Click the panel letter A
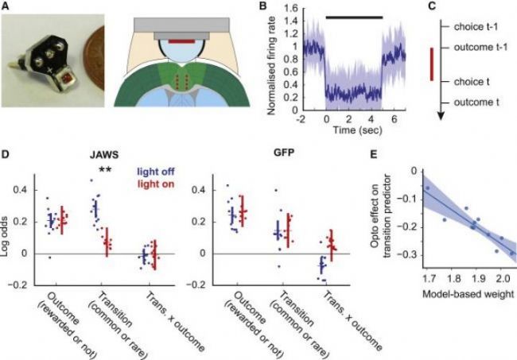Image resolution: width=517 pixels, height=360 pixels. tap(6, 6)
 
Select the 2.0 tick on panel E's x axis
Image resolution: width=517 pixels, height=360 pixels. tap(500, 280)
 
